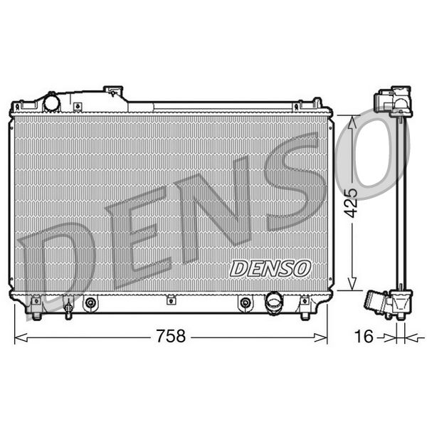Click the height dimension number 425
349,202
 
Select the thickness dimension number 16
364,337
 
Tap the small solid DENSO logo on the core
270,268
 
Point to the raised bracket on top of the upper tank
113,93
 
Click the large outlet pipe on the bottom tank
274,302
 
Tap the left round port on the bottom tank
90,303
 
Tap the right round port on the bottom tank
245,303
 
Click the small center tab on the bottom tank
170,300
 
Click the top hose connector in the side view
394,102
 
